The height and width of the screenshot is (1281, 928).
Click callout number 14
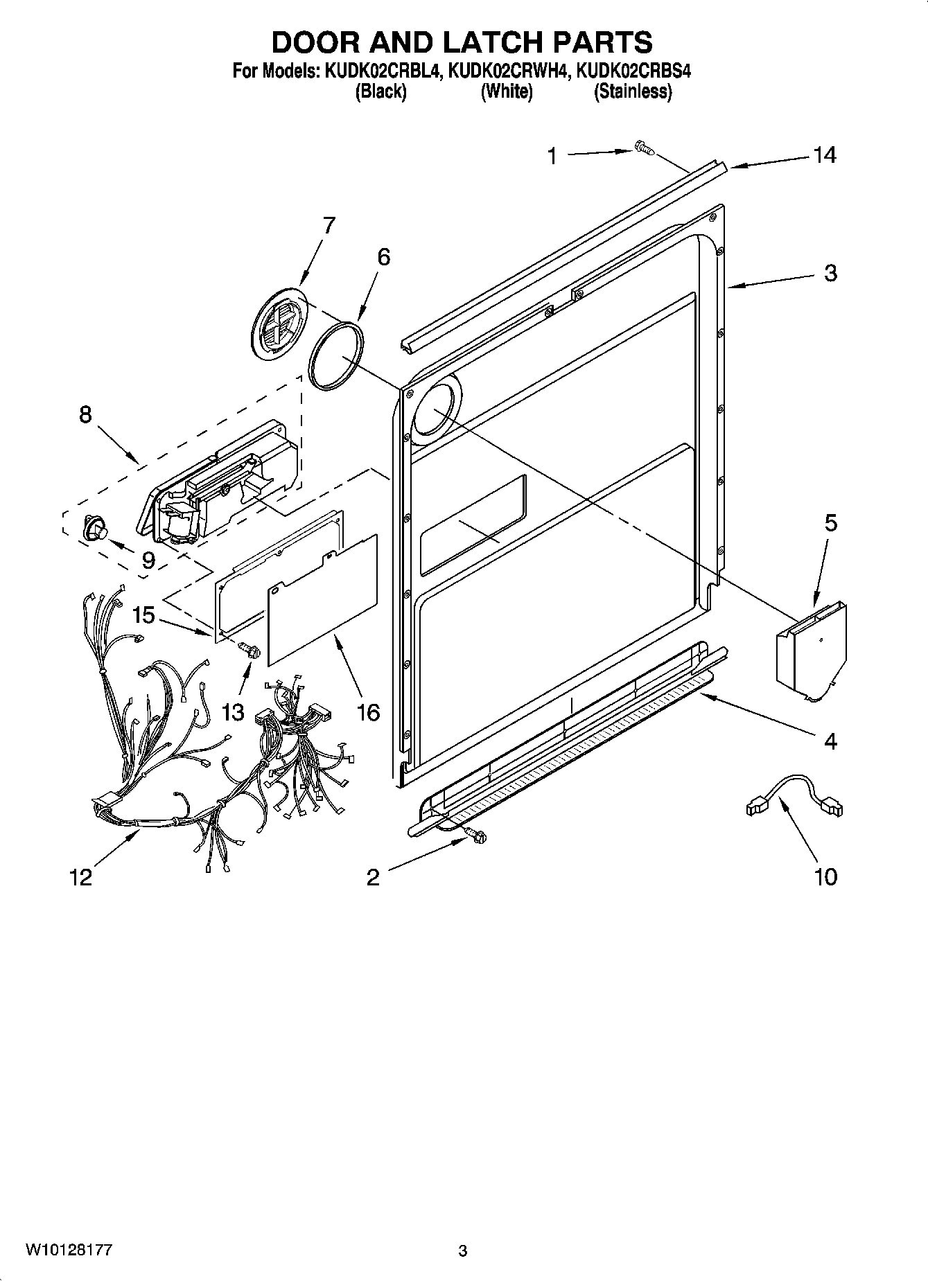[x=824, y=155]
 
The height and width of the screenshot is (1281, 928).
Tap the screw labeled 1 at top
[x=643, y=147]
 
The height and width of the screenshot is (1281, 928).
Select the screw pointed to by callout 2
[x=475, y=836]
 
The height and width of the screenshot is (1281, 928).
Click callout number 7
[x=328, y=225]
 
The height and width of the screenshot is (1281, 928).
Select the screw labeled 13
[x=248, y=650]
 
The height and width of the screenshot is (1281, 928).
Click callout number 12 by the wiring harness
[x=80, y=877]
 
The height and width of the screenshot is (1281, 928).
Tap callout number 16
[x=368, y=712]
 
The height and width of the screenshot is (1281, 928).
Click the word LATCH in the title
[x=480, y=42]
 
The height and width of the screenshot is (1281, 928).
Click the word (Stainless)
[x=632, y=91]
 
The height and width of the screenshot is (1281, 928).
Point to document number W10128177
[x=69, y=1250]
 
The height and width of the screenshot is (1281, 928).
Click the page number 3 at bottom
[x=463, y=1251]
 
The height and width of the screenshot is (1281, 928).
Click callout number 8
[x=85, y=414]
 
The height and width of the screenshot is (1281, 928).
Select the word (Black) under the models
[x=380, y=91]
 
